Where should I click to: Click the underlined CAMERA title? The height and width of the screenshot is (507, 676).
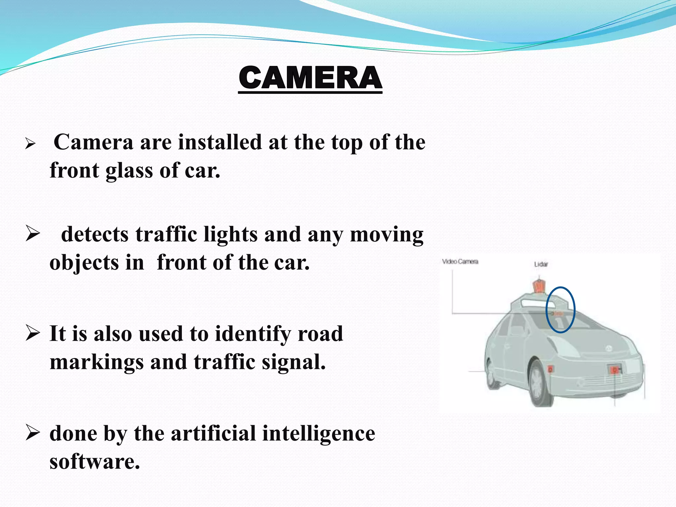[x=310, y=78]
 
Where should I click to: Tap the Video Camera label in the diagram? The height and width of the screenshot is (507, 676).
[x=460, y=262]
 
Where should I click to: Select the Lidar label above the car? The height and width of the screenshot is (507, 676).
[x=541, y=264]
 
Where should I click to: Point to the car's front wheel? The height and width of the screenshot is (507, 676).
[x=541, y=383]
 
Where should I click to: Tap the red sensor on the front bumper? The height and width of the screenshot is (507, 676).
[x=614, y=370]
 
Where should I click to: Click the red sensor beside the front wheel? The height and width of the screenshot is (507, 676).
[x=550, y=368]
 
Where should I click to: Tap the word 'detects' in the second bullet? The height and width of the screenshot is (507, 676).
[x=95, y=234]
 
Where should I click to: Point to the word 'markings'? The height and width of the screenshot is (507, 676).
[x=96, y=362]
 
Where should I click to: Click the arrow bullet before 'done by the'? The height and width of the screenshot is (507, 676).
[x=33, y=433]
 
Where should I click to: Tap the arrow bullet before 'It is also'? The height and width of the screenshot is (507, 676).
[x=33, y=333]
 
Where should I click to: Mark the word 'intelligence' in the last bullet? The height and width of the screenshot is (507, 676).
[x=319, y=434]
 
